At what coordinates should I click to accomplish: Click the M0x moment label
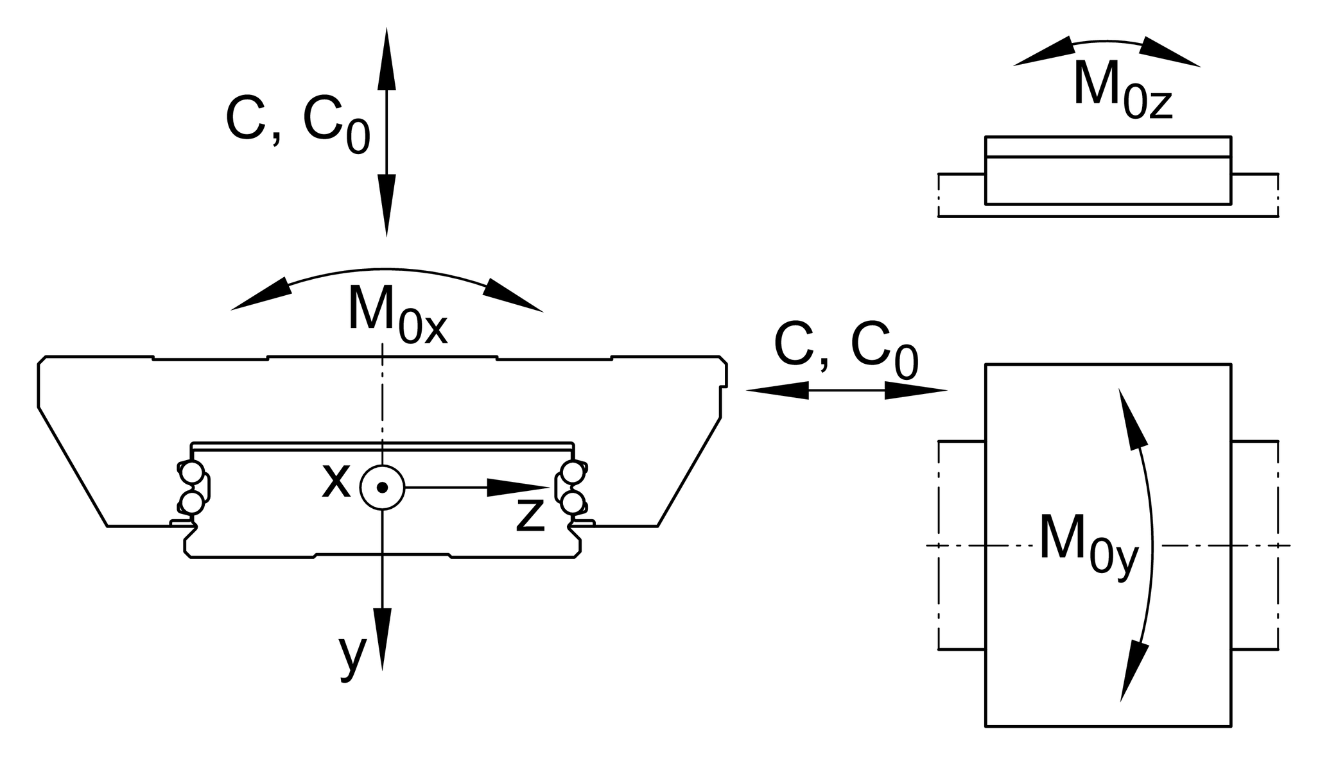(397, 318)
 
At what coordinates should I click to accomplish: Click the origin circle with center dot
(382, 488)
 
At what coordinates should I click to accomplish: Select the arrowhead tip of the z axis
(547, 488)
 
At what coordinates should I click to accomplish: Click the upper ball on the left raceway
(192, 474)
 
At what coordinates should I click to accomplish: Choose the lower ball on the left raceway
(192, 502)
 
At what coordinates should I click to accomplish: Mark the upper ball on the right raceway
(572, 474)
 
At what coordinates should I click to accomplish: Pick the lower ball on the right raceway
(572, 502)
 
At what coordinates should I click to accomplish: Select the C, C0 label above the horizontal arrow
(846, 350)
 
